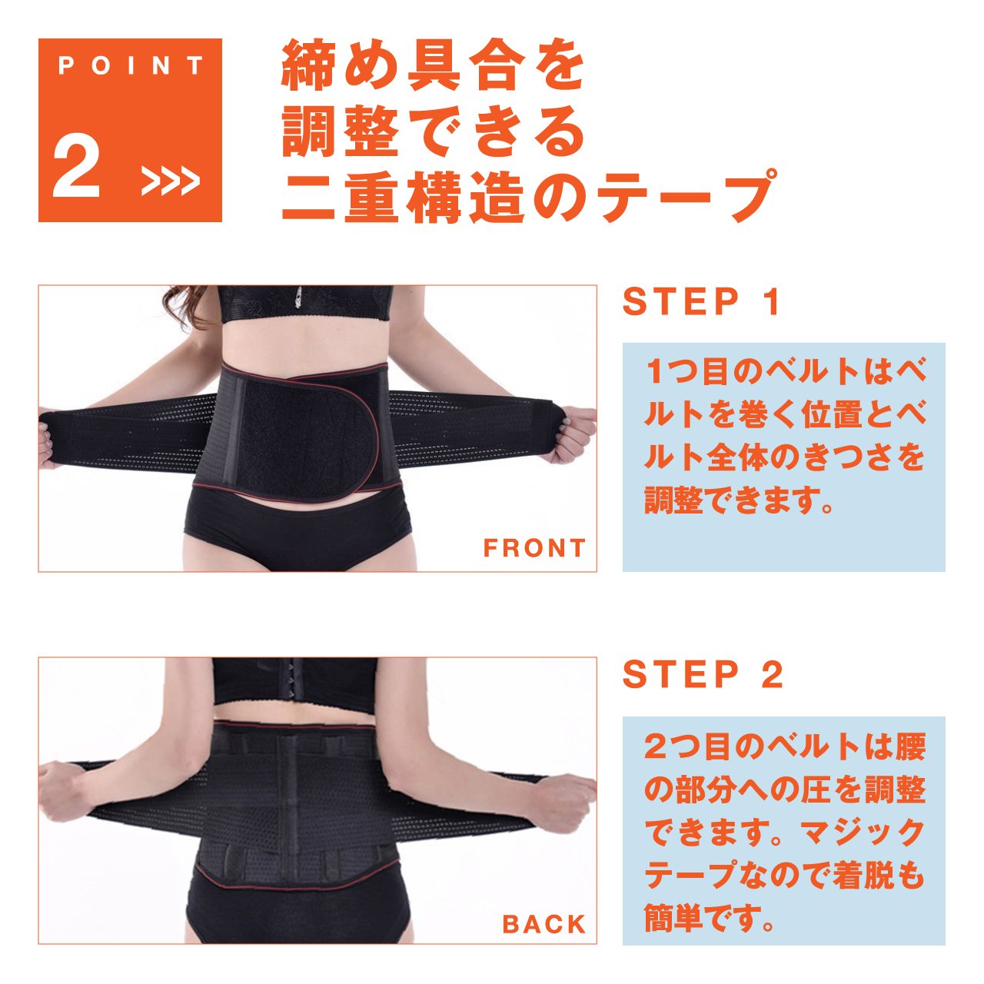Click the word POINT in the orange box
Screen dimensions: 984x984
tap(130, 66)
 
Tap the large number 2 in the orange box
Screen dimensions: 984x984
tap(77, 166)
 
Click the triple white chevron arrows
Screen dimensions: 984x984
tap(170, 180)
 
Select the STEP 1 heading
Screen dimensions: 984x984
tap(701, 302)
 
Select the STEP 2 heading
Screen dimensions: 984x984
tap(703, 674)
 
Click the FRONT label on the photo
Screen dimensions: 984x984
tap(534, 548)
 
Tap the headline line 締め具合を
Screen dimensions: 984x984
tap(433, 67)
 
